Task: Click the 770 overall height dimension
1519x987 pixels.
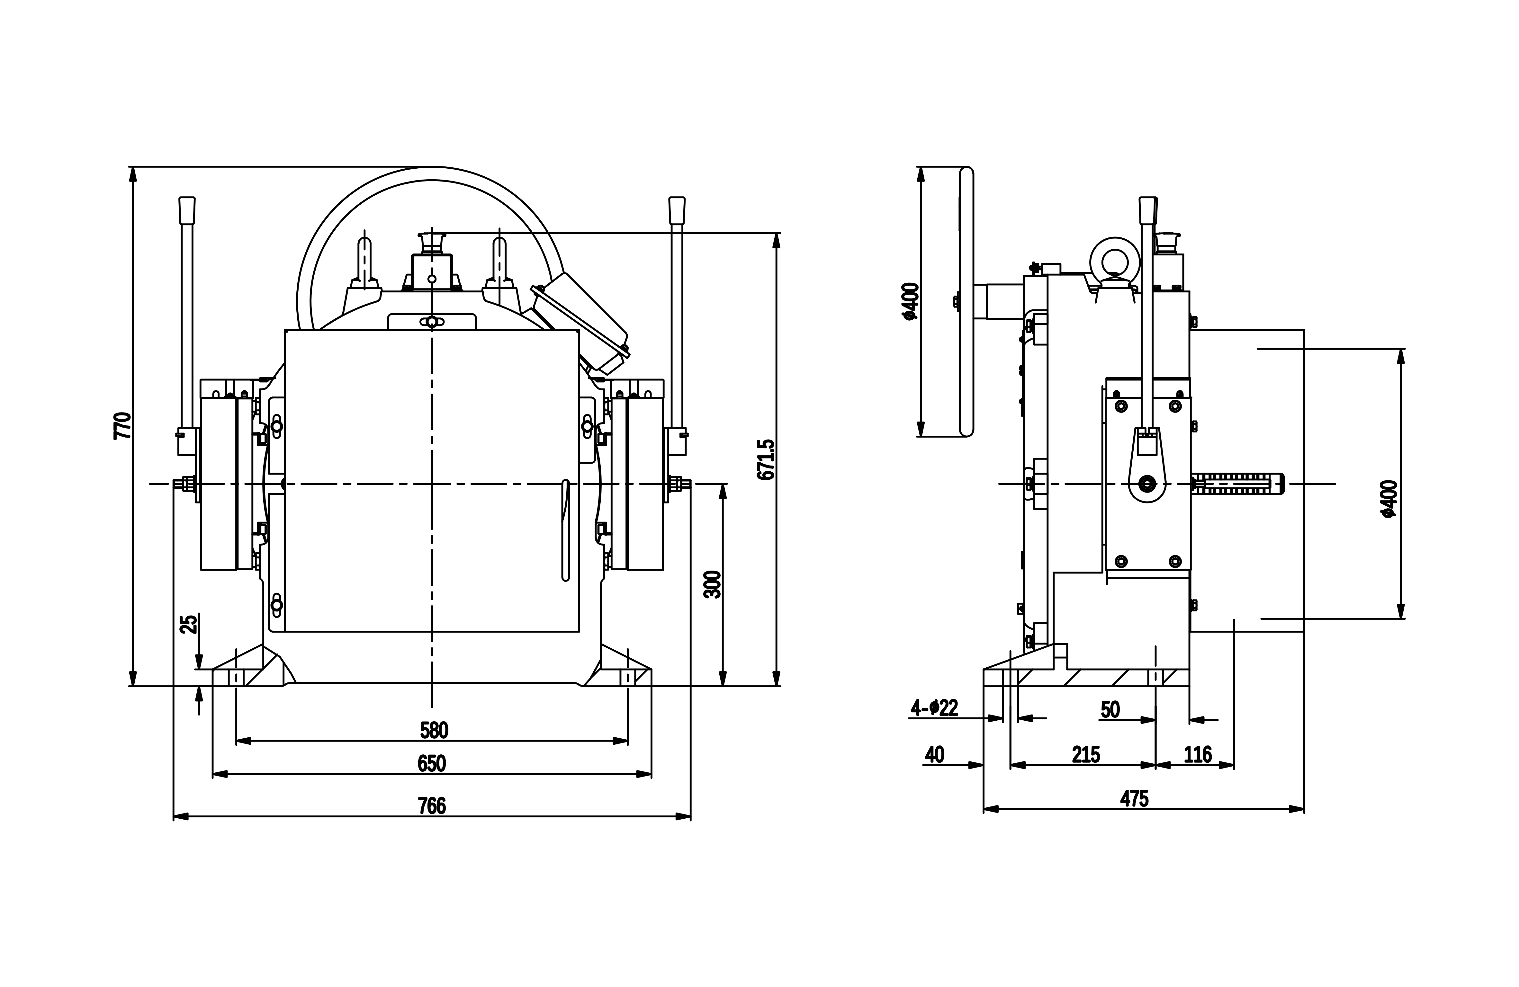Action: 122,426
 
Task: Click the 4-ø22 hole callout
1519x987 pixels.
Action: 934,707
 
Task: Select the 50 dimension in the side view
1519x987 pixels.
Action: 1110,709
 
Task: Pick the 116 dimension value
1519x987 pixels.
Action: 1197,755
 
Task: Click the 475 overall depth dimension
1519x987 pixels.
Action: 1134,798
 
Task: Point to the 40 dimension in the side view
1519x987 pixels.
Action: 934,755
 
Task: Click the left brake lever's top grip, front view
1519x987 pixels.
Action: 187,210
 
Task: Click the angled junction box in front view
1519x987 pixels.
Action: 581,322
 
